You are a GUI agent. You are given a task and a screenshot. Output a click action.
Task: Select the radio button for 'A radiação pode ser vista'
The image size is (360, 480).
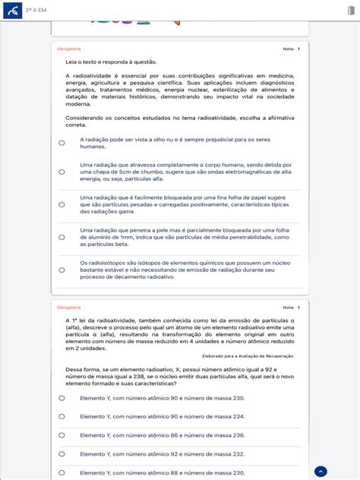click(x=62, y=143)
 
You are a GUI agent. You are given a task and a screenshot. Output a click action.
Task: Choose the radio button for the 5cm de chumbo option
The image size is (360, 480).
click(x=62, y=172)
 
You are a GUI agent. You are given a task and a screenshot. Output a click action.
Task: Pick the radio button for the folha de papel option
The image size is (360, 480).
click(x=62, y=204)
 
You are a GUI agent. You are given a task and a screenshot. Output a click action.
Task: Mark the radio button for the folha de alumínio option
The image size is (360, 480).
click(x=62, y=237)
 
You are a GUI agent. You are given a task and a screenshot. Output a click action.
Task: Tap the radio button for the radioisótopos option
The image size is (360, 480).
click(x=62, y=270)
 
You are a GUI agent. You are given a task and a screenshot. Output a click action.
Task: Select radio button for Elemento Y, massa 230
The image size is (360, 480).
click(x=62, y=397)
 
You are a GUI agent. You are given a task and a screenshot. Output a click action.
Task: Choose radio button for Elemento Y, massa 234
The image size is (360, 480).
click(x=62, y=416)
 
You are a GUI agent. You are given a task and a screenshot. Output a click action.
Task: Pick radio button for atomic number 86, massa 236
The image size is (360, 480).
click(x=62, y=435)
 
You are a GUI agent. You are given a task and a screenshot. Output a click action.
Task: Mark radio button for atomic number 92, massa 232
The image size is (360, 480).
click(x=62, y=454)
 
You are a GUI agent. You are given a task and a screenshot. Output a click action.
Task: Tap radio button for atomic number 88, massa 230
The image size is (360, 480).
click(x=62, y=472)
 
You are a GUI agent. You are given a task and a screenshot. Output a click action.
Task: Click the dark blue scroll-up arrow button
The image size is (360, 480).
click(x=321, y=471)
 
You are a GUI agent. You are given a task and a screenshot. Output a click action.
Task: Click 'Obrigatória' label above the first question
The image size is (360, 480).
click(x=68, y=49)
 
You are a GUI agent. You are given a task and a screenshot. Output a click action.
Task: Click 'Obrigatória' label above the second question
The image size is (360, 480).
click(x=68, y=308)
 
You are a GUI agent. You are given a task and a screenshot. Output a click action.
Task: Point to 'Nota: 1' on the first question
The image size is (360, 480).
click(x=291, y=49)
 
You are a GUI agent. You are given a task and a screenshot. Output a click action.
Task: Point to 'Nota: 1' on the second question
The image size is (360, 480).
click(x=291, y=308)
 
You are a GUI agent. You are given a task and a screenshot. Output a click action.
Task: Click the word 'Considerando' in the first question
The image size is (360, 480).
click(x=84, y=118)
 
